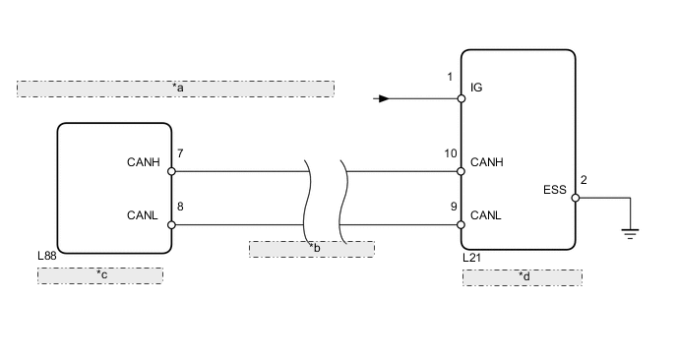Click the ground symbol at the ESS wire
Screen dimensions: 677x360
[630, 234]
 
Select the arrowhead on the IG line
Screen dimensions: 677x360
[384, 98]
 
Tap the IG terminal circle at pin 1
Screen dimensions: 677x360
[462, 98]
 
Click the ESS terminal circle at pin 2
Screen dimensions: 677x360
[576, 198]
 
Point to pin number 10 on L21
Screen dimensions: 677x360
[451, 153]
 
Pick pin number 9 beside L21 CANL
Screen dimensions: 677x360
[454, 207]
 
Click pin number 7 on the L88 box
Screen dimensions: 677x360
[180, 153]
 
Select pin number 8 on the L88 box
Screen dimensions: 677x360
[180, 207]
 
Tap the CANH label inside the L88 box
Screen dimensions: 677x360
[144, 162]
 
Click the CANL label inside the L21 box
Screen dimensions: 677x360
[486, 215]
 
